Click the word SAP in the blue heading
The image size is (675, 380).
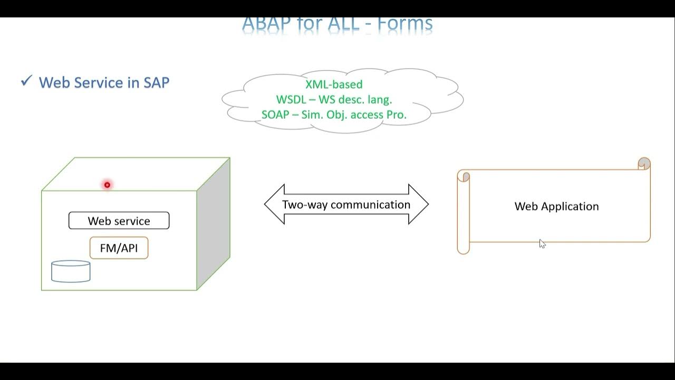(x=156, y=83)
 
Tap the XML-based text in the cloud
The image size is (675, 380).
(x=334, y=84)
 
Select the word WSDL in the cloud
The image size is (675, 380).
(x=287, y=100)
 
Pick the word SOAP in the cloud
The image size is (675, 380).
(x=275, y=115)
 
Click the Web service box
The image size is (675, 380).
(x=119, y=221)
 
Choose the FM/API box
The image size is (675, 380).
(x=119, y=248)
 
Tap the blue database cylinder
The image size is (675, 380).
(x=71, y=271)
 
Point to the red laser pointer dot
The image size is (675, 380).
(x=107, y=185)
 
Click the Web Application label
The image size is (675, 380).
(x=556, y=206)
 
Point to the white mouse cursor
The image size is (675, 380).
(x=542, y=243)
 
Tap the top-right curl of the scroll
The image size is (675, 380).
(x=644, y=163)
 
